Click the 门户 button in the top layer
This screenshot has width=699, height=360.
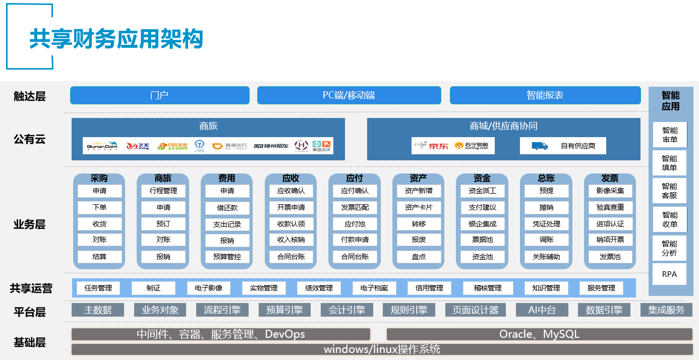tap(159, 95)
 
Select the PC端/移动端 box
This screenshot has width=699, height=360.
tap(349, 95)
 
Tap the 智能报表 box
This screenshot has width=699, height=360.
tap(545, 95)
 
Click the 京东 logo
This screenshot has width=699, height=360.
tap(432, 146)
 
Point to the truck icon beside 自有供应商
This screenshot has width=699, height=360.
tap(540, 146)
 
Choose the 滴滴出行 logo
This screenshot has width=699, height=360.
tap(231, 146)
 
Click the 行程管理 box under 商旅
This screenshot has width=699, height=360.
tap(163, 191)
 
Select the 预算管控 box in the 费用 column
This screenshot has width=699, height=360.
tap(227, 257)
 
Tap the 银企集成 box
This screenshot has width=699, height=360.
tap(482, 224)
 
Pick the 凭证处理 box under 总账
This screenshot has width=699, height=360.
tap(546, 224)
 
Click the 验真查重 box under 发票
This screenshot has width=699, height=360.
tap(610, 207)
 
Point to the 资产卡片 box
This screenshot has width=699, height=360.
tap(419, 207)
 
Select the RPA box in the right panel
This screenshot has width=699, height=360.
tap(670, 275)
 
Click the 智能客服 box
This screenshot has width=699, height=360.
tap(670, 191)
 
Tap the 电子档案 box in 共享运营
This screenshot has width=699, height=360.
tap(374, 288)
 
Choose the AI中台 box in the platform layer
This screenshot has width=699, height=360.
tap(542, 310)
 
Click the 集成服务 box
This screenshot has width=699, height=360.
tap(666, 310)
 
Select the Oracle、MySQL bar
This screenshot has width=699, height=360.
tap(539, 334)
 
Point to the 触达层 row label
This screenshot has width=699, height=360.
tap(30, 96)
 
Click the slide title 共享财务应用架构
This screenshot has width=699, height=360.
tap(116, 39)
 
